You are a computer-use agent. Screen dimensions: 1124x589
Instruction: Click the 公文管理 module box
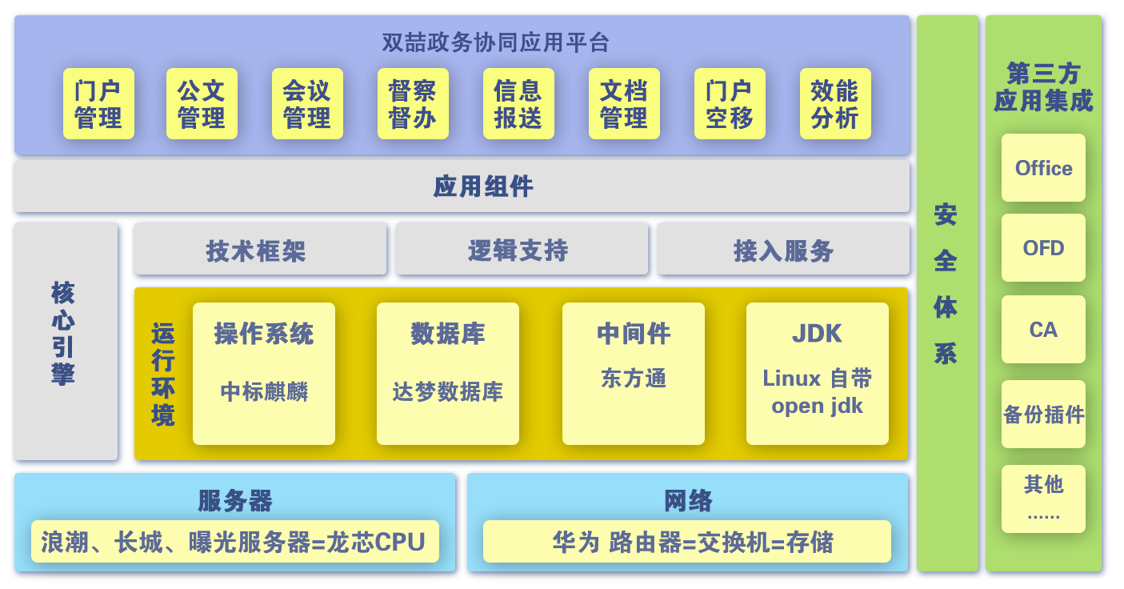click(x=202, y=104)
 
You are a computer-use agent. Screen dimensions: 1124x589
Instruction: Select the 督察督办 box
click(x=413, y=104)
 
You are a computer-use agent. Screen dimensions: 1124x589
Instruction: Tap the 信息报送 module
click(x=518, y=104)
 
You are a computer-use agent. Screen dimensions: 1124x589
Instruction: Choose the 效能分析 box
click(x=835, y=104)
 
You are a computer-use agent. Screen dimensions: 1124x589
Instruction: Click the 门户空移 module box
click(x=730, y=104)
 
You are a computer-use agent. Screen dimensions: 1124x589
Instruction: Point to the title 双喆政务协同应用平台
click(x=496, y=42)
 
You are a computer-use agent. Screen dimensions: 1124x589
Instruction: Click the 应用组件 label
click(x=483, y=186)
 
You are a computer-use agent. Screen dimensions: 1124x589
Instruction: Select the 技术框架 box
click(x=261, y=249)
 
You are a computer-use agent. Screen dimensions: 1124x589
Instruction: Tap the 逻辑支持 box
click(x=522, y=249)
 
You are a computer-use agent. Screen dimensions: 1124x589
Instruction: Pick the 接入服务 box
click(x=783, y=249)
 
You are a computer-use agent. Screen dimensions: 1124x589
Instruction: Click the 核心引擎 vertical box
click(x=66, y=342)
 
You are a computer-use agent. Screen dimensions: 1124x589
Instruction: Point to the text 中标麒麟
click(x=264, y=391)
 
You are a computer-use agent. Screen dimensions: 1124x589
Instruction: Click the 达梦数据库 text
click(x=447, y=391)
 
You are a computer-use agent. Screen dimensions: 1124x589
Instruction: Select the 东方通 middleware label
click(x=634, y=378)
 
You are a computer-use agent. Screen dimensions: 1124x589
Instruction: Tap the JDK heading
click(x=817, y=334)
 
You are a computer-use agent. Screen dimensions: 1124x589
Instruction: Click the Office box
click(x=1043, y=168)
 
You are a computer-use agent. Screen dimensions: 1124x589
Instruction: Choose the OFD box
click(x=1043, y=247)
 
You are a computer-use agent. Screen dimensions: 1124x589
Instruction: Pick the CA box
click(x=1043, y=330)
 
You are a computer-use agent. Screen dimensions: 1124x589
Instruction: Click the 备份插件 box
click(x=1043, y=415)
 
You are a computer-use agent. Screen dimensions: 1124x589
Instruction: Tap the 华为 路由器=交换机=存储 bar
click(x=687, y=542)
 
